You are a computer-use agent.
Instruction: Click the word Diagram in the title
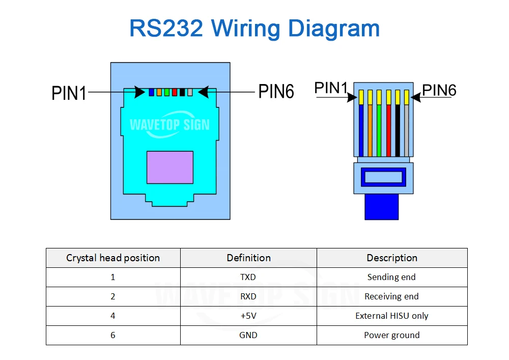(x=334, y=29)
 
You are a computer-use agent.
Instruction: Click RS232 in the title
(x=166, y=28)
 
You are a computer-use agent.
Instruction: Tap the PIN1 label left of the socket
(x=69, y=93)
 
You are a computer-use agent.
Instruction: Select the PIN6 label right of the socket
(x=276, y=91)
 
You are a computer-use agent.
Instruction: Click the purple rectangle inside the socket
(x=170, y=168)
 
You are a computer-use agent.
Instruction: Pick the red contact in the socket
(x=175, y=93)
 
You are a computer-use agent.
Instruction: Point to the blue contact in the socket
(x=151, y=93)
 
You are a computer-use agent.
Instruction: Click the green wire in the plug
(x=379, y=130)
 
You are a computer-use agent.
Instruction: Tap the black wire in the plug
(x=398, y=130)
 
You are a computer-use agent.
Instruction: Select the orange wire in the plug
(x=370, y=130)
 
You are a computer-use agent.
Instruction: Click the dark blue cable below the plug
(x=381, y=207)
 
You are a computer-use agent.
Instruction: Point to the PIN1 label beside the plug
(x=331, y=88)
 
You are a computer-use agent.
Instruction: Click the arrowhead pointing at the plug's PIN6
(x=416, y=97)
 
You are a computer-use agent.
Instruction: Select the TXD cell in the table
(x=248, y=277)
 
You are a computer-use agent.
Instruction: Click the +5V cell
(x=248, y=316)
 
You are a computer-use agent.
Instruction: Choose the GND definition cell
(x=248, y=335)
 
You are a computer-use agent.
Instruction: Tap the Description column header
(x=392, y=258)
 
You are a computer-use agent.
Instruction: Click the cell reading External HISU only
(x=392, y=316)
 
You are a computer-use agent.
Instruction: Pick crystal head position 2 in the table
(x=113, y=296)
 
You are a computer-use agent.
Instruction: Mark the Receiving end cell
(x=392, y=296)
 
